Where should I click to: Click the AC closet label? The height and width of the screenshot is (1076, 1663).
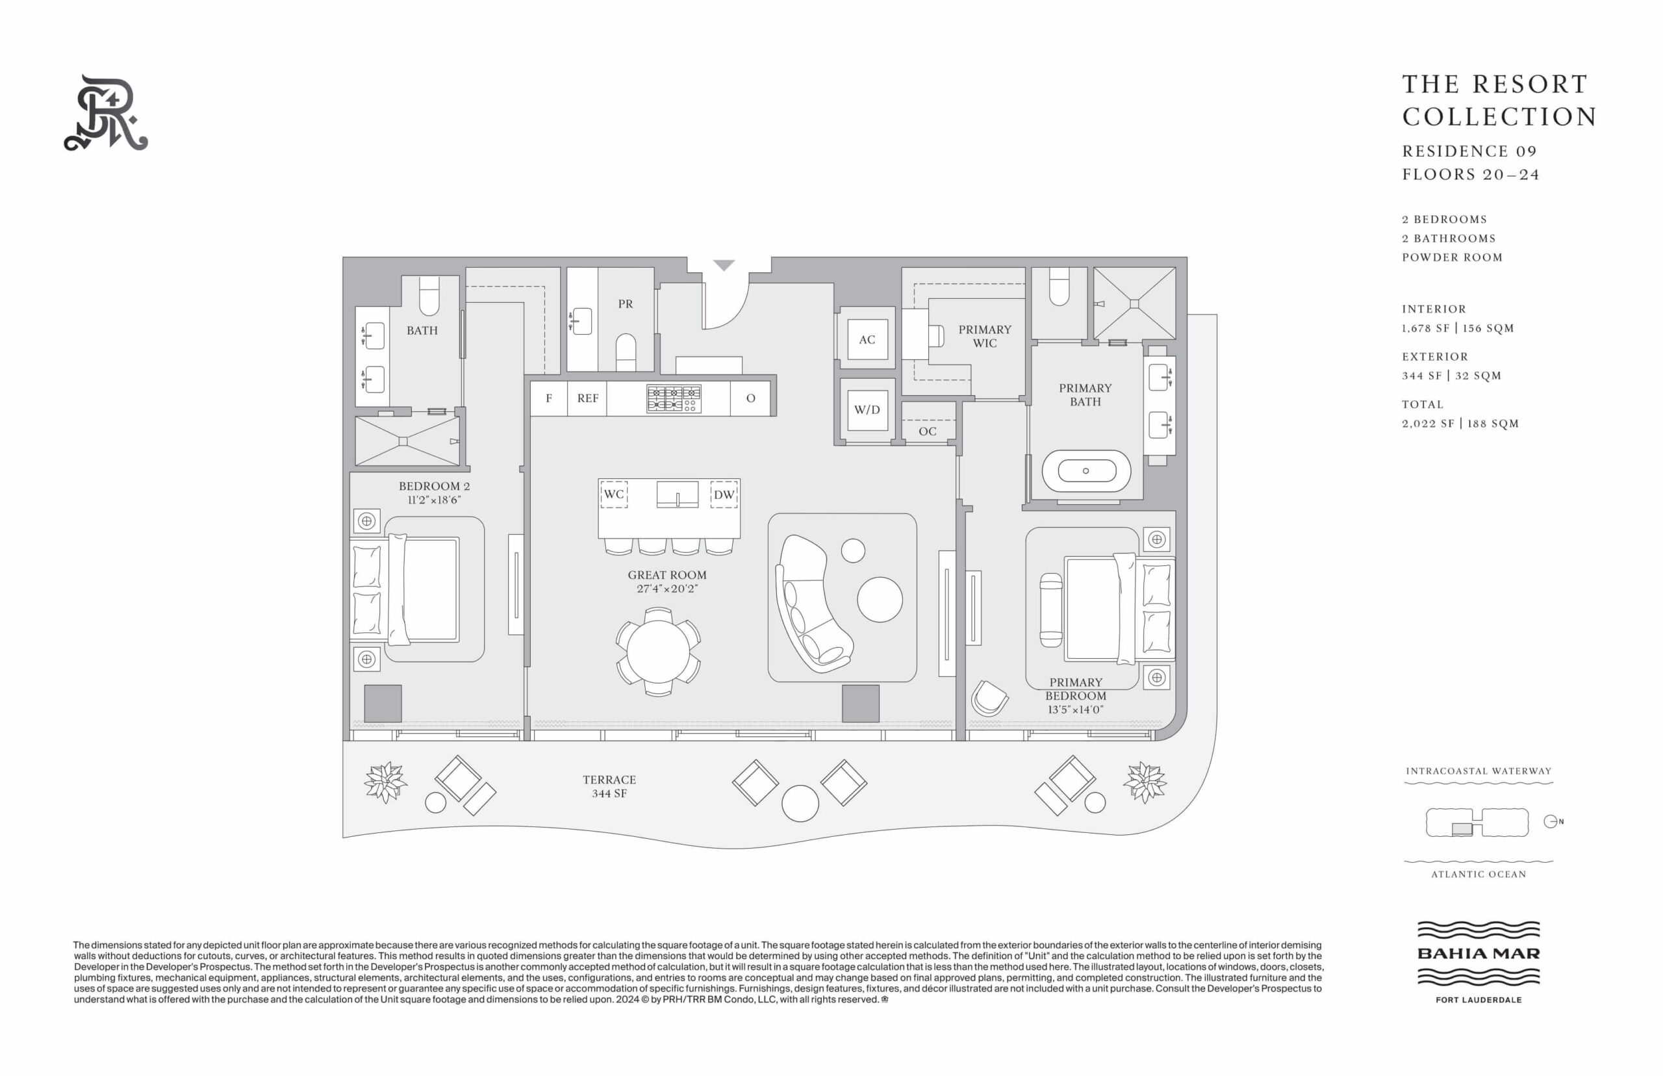(867, 340)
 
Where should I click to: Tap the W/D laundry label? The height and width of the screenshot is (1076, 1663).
(867, 409)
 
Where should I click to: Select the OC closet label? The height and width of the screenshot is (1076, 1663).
(928, 431)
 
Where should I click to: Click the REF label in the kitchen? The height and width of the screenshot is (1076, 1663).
(587, 398)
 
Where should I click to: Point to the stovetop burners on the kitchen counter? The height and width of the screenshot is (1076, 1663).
(673, 398)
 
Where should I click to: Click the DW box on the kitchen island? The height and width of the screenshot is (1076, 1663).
(724, 494)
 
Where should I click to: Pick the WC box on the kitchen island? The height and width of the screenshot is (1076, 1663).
(614, 494)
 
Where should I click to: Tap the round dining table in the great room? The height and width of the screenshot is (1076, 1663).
(658, 651)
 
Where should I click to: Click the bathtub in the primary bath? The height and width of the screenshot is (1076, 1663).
(1085, 471)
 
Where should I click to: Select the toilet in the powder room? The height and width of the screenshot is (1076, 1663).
(626, 352)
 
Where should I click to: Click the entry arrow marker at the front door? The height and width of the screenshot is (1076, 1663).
(724, 266)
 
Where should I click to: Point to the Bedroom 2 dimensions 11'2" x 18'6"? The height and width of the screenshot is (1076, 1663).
(435, 500)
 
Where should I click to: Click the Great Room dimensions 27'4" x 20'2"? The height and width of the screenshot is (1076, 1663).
(667, 589)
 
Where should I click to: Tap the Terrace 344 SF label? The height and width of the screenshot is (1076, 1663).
(609, 787)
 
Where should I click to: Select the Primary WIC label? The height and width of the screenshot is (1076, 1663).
(985, 336)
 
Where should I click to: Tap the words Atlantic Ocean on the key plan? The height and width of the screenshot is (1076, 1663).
(1479, 874)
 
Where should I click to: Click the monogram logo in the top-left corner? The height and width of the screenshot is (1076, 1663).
(106, 112)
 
